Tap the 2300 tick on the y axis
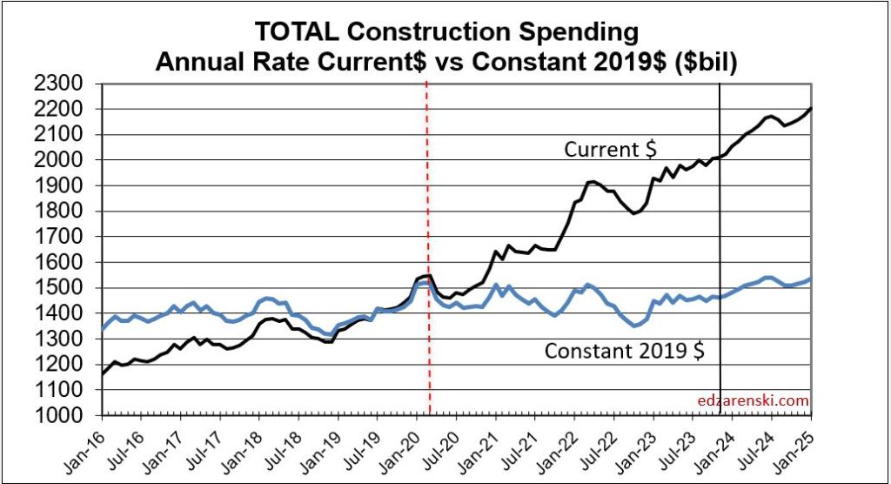59,84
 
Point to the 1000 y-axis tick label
59,416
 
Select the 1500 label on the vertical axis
59,288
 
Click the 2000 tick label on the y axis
59,160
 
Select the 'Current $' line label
611,150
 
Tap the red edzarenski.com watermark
754,401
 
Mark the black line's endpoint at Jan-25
811,109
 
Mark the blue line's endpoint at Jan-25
811,279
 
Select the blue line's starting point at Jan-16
103,329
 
